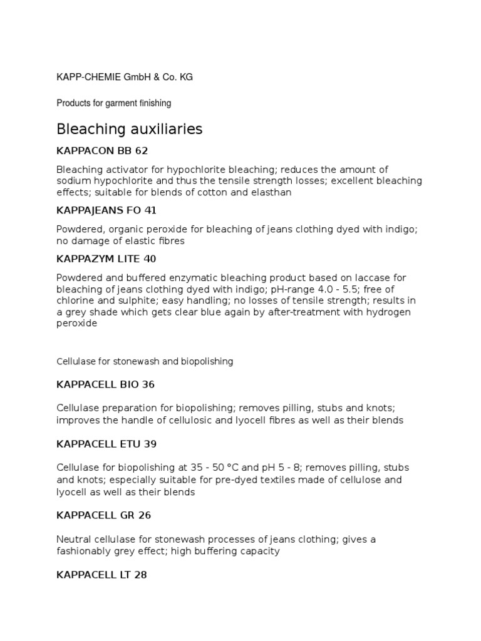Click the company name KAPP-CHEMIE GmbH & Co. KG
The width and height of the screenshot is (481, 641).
pos(125,77)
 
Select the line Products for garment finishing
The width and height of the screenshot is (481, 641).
pos(113,103)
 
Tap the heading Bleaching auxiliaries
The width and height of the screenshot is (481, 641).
pos(130,130)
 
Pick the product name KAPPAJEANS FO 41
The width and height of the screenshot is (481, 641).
pos(106,210)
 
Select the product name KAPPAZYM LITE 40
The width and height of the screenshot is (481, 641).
pos(106,259)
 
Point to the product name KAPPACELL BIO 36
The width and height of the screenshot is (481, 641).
pos(105,384)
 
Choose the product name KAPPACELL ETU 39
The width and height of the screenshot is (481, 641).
pos(106,444)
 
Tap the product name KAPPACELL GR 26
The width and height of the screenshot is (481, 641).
pos(104,515)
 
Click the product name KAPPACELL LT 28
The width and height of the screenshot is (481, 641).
pos(101,574)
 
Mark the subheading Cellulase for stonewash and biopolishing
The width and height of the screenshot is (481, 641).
pos(145,361)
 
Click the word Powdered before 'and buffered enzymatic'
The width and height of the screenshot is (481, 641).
pos(80,277)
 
